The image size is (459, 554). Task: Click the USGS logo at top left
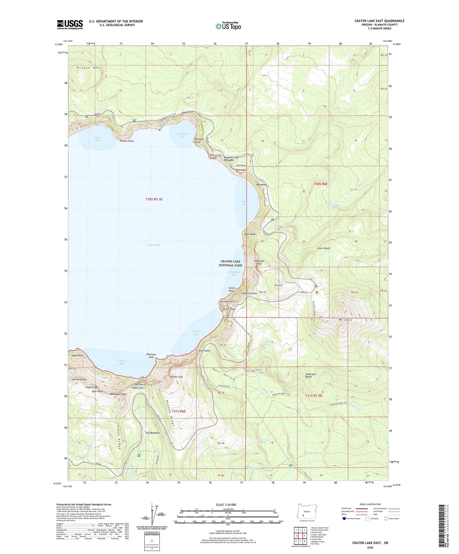click(70, 24)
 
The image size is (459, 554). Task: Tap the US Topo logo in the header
click(228, 26)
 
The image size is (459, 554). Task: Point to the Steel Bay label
click(97, 139)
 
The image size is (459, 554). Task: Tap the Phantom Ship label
click(151, 356)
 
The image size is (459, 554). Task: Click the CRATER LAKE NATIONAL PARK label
click(231, 263)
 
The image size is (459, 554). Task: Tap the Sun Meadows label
click(152, 433)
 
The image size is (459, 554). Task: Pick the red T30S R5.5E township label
click(154, 199)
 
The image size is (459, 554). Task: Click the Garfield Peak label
click(79, 379)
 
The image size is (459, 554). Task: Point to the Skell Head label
click(250, 234)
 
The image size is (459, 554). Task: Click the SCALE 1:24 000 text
click(226, 505)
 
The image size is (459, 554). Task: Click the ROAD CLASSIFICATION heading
click(370, 504)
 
